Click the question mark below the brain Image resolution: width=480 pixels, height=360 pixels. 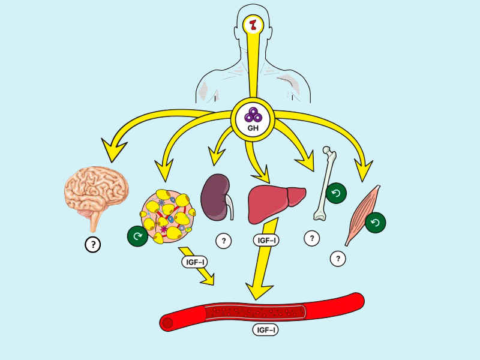point(92,244)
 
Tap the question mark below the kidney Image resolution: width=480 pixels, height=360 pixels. point(224,241)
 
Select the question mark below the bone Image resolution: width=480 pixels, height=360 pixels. point(311,238)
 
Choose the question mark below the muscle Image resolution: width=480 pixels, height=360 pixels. point(338,259)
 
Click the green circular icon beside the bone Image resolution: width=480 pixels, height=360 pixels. point(336,193)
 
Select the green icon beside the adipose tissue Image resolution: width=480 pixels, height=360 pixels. point(137,236)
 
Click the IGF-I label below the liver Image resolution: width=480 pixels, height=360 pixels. point(266,241)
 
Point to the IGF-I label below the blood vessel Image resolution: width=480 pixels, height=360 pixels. point(266,329)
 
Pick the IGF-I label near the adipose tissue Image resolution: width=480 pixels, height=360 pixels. point(194,262)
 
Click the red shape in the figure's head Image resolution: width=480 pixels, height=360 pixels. point(254,25)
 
